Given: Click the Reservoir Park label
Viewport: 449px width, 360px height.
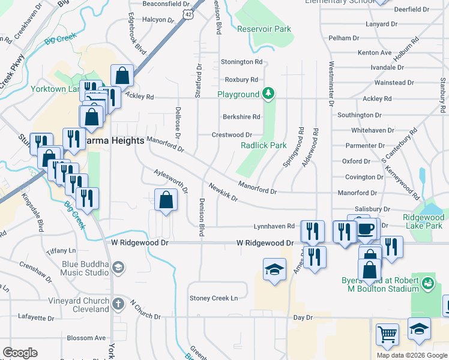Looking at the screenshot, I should tap(264, 29).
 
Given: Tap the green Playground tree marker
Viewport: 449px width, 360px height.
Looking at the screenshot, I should tap(270, 94).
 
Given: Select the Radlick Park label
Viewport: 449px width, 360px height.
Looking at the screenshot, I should tap(264, 145).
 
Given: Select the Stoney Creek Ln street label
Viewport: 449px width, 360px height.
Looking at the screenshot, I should tap(214, 298).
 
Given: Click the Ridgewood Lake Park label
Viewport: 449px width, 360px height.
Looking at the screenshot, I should tap(423, 222).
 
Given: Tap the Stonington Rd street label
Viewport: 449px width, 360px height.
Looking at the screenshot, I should tap(242, 62).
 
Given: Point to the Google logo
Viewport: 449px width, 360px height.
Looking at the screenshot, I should tap(20, 353).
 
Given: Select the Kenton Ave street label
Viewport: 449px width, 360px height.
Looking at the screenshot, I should tap(375, 53).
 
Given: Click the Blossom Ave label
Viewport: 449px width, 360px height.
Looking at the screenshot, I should tap(86, 338).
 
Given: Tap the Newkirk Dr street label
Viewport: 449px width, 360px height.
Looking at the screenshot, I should tap(224, 191).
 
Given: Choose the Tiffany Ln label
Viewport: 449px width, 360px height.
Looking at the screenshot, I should tap(65, 250).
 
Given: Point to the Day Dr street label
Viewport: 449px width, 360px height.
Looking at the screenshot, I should tap(303, 317).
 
